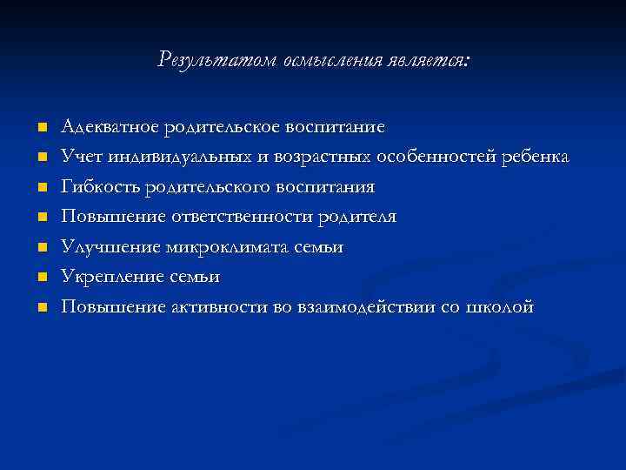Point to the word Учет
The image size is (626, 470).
(81, 157)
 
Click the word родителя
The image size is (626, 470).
(356, 217)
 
